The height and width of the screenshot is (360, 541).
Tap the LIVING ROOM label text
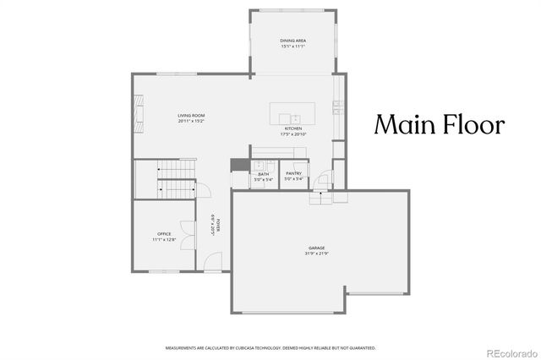191,115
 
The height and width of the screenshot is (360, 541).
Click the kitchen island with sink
291,111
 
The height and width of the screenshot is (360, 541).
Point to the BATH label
263,174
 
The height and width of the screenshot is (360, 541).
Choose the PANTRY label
293,174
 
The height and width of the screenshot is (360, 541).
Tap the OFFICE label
164,234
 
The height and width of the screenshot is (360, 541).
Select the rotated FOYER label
217,225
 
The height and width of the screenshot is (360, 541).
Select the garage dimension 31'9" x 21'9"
292,254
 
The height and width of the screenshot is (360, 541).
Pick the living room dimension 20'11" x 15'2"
191,121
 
